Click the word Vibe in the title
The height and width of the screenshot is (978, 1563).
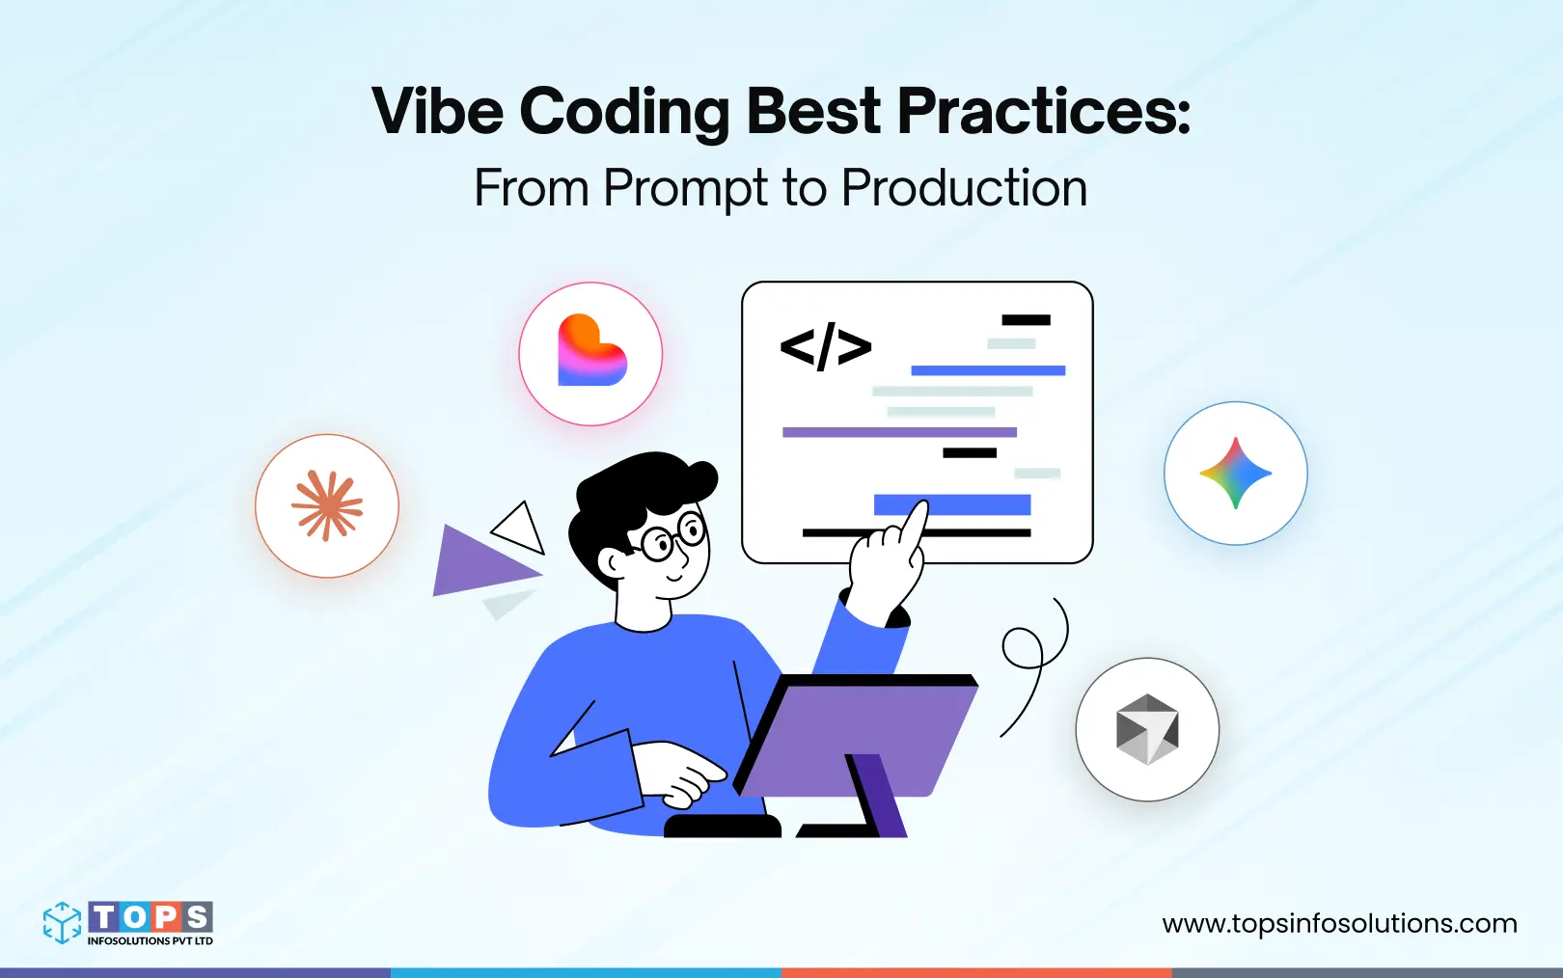437,111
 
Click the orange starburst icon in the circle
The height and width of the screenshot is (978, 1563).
327,505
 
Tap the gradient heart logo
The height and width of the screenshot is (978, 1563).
590,353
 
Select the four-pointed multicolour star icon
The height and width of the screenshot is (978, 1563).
1235,473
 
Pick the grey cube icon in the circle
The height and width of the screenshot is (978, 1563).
1147,729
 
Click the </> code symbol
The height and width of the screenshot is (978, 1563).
825,347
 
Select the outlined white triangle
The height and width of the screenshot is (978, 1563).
521,529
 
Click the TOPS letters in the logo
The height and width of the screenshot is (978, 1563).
151,916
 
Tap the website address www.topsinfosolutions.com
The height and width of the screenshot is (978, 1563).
1339,923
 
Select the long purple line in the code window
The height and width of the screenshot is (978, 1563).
899,432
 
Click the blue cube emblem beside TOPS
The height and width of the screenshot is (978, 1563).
62,922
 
